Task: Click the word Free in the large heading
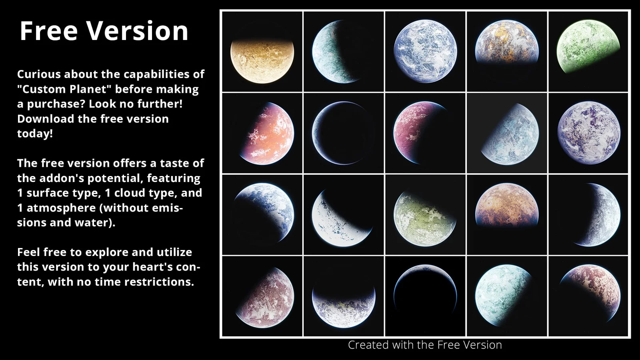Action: coord(48,31)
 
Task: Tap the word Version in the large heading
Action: coord(137,31)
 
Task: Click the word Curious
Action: coord(38,74)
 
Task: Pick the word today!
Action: coord(35,134)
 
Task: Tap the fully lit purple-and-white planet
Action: coord(588,133)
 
